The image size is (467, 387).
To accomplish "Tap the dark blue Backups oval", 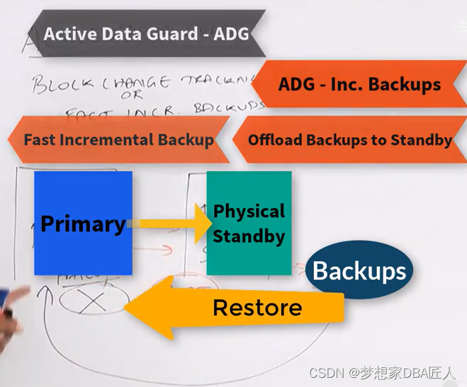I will click(359, 270).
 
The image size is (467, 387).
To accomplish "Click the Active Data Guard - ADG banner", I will click(146, 34).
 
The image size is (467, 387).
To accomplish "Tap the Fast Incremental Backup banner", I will click(118, 139).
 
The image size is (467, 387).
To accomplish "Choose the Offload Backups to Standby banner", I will click(349, 139).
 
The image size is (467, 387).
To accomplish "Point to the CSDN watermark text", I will click(383, 371).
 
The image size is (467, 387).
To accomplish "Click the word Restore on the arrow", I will click(257, 308).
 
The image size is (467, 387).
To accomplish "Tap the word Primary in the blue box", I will click(83, 224).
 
